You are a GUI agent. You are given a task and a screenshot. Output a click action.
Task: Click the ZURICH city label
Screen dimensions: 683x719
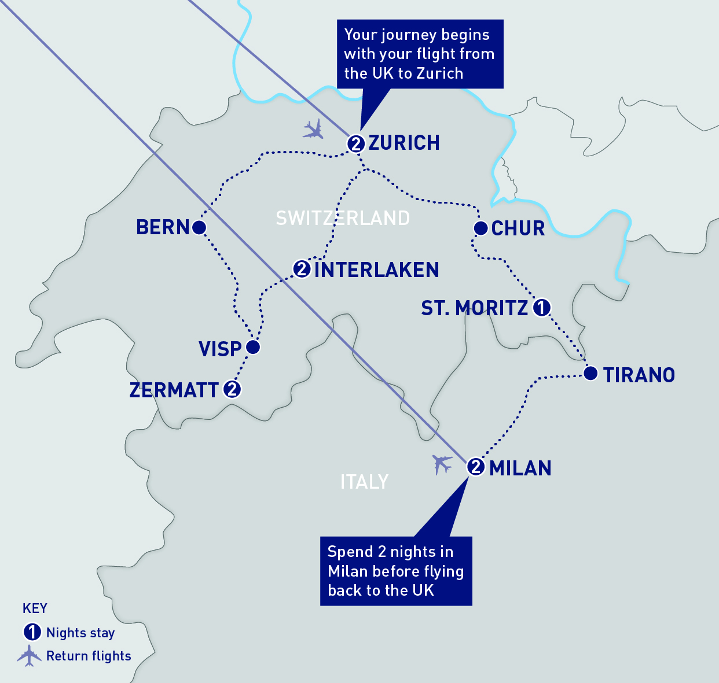coord(404,143)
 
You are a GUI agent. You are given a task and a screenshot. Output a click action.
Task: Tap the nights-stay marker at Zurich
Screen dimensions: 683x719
coord(356,143)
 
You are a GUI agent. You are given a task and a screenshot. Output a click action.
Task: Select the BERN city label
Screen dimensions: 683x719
coord(163,227)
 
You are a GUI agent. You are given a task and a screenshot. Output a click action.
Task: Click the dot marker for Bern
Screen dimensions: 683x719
coord(199,227)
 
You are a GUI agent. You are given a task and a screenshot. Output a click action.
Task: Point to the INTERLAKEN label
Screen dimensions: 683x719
coord(377,270)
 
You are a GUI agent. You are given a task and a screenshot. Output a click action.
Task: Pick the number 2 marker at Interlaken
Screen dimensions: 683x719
coord(302,269)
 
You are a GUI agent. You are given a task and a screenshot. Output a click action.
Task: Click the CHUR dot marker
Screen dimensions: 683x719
coord(480,228)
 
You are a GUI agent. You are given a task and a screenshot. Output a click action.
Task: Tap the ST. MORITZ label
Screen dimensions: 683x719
coord(474,308)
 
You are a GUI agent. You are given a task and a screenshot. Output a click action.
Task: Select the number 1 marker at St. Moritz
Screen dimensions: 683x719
coord(541,308)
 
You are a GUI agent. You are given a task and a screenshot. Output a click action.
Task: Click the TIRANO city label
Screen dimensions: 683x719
coord(639,375)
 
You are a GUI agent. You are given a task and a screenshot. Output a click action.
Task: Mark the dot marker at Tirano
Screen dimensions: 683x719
coord(590,374)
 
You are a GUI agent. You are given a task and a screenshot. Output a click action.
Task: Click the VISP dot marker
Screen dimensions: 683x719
coord(253,347)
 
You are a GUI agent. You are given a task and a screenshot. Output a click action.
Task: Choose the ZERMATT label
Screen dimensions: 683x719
coord(174,390)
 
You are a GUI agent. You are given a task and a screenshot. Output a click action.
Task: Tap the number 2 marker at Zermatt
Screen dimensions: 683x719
coord(232,389)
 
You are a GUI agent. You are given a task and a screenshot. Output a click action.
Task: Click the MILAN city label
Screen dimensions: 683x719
coord(520,468)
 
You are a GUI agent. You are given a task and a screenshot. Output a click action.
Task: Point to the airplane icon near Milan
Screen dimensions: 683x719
coord(443,464)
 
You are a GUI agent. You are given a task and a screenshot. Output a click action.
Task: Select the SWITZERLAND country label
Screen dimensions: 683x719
coord(343,218)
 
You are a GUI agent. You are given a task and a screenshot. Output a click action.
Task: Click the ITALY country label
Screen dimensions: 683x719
coord(364,482)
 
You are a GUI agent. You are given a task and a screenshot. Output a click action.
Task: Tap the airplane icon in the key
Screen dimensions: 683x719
coord(29,656)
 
